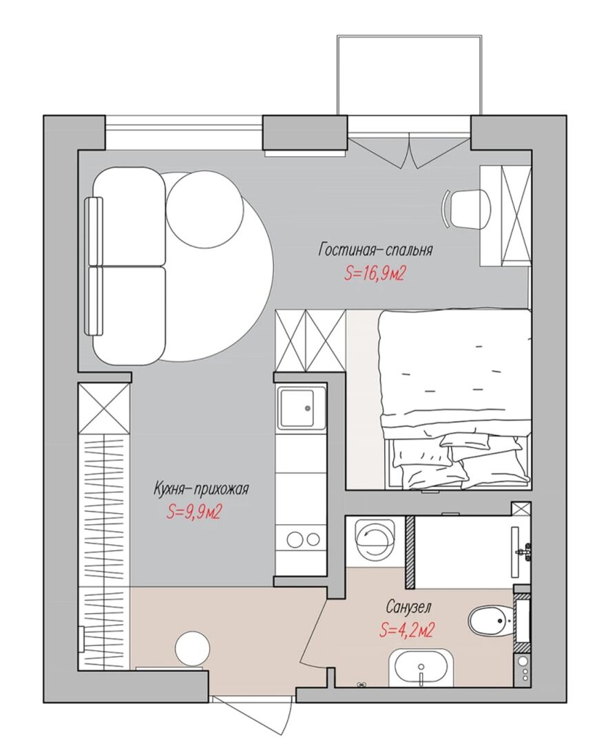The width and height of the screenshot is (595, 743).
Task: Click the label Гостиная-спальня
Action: pyautogui.click(x=375, y=250)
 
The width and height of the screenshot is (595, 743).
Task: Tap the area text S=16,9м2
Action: pyautogui.click(x=375, y=274)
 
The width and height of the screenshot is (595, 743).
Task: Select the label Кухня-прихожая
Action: pyautogui.click(x=201, y=488)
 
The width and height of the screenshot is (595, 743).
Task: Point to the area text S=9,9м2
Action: pyautogui.click(x=194, y=512)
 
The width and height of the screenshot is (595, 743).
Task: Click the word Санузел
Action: pyautogui.click(x=408, y=607)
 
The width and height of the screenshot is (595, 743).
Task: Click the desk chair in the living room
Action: pyautogui.click(x=466, y=208)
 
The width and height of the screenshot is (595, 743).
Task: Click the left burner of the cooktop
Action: pyautogui.click(x=293, y=539)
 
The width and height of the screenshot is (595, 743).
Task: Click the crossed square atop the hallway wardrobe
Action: pyautogui.click(x=104, y=407)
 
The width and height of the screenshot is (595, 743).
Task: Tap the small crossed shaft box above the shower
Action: pyautogui.click(x=521, y=508)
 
